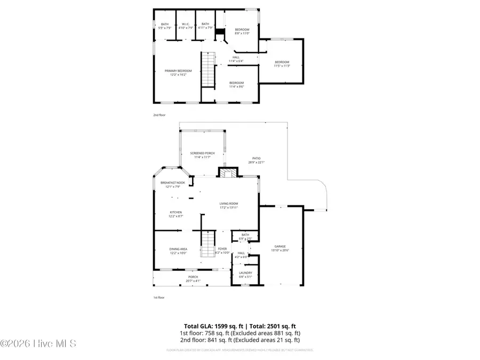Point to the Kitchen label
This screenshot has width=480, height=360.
[x=176, y=214]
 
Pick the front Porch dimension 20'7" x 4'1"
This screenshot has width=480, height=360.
[x=193, y=281]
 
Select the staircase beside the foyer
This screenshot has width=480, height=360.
[x=207, y=244]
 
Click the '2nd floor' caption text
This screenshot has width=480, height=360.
[x=159, y=115]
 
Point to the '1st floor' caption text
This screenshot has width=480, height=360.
[x=159, y=298]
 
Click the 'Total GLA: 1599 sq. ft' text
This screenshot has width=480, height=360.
[x=212, y=326]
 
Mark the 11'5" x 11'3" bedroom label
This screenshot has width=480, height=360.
[x=282, y=63]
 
